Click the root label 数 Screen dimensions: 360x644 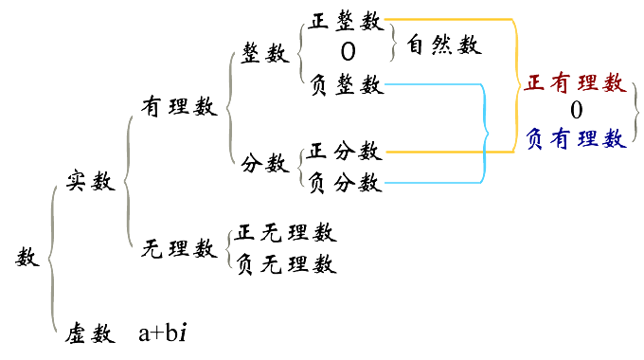(x=28, y=257)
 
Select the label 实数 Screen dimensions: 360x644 (x=91, y=180)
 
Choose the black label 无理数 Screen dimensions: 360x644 (x=179, y=248)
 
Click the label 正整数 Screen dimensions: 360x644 (x=346, y=25)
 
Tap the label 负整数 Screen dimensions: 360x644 (x=346, y=85)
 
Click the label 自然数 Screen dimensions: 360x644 (x=444, y=45)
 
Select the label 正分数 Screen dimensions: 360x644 (x=345, y=151)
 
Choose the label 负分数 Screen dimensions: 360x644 (x=345, y=180)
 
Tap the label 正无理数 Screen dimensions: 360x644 (x=287, y=232)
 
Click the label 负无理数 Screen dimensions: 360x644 (x=287, y=263)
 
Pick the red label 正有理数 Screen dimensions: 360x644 (x=576, y=82)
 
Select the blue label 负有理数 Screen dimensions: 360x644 (x=576, y=138)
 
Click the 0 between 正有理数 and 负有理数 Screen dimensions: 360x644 (x=576, y=110)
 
